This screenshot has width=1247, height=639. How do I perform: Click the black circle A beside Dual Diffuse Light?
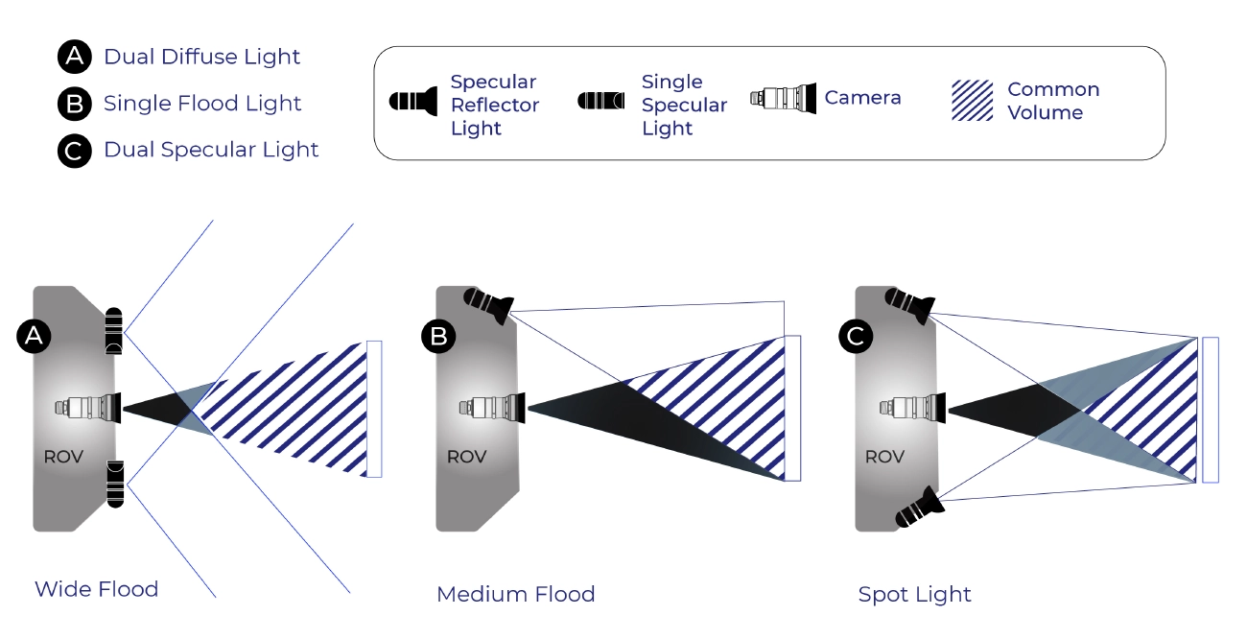point(74,58)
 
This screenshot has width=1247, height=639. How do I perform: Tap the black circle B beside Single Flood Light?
point(74,104)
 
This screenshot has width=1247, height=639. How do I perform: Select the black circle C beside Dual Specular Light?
point(74,151)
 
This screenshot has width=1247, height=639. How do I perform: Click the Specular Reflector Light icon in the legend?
point(413,101)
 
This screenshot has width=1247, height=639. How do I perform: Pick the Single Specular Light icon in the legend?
point(601,101)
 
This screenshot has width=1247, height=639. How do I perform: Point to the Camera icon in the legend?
point(783,98)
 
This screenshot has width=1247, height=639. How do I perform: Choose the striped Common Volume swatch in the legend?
point(972,101)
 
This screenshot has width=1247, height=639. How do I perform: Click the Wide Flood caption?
point(96,589)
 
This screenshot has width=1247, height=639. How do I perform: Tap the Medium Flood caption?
point(515,594)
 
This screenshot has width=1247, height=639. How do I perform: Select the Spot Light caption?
point(914,594)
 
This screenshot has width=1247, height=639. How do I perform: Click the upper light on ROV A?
point(114,332)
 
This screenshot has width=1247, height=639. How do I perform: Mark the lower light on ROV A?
point(115,483)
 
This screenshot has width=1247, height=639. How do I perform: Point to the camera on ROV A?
point(88,407)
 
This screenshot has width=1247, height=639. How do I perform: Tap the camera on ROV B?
point(491,407)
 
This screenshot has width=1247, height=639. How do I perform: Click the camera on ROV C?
point(913,407)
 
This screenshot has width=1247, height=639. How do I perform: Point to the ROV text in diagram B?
point(466,458)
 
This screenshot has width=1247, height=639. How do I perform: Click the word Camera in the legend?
point(862,98)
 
